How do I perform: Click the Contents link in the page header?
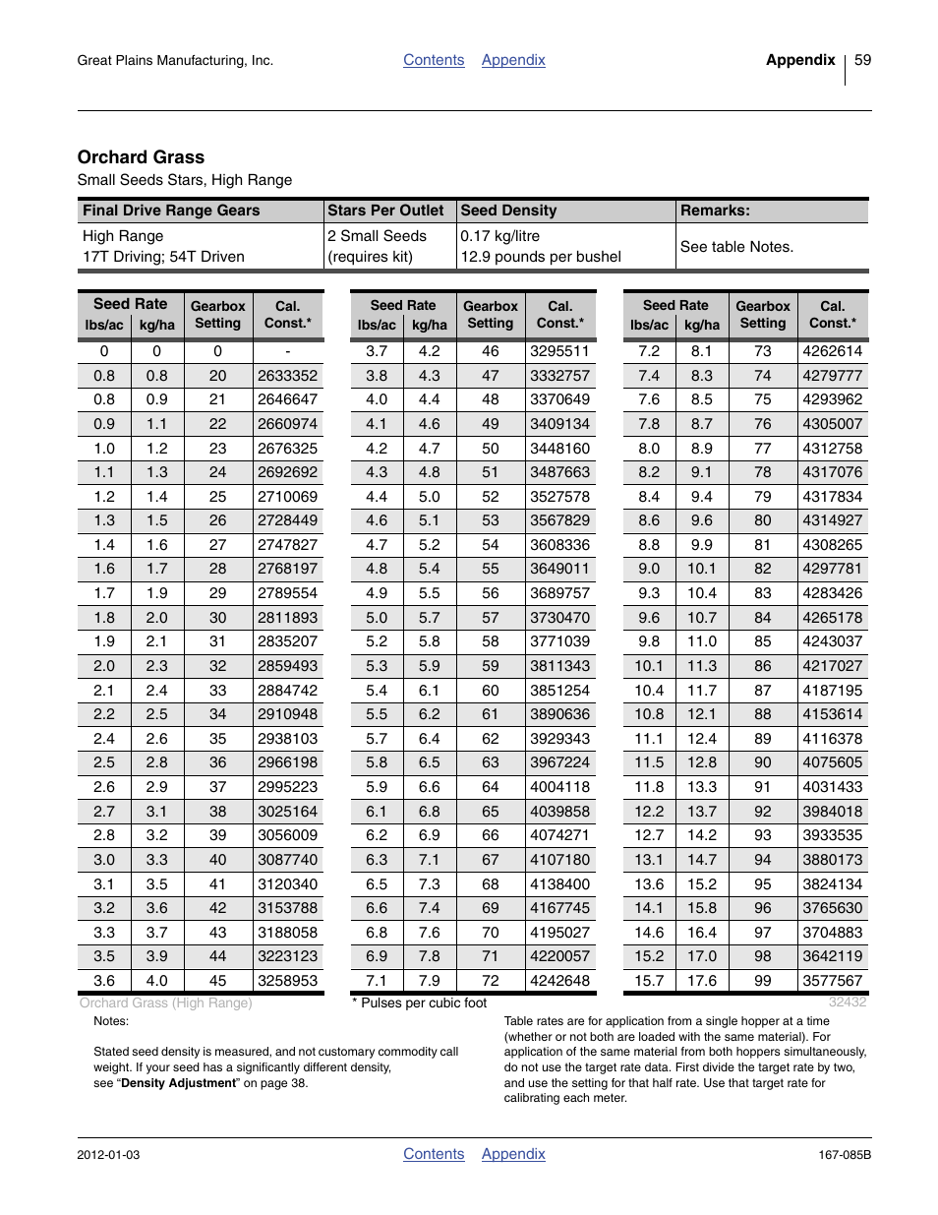point(434,60)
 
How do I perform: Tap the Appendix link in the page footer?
point(513,1154)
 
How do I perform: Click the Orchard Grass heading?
point(141,157)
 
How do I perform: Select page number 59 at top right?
point(862,60)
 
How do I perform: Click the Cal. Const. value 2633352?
point(287,376)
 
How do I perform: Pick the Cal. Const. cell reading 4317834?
point(832,497)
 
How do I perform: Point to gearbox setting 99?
point(762,981)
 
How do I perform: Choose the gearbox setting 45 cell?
point(217,981)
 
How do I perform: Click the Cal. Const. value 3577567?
point(832,981)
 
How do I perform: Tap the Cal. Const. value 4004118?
point(559,787)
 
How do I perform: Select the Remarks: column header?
point(715,211)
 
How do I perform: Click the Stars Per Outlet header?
point(385,211)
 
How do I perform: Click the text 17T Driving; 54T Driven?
point(163,257)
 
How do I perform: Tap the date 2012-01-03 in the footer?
point(108,1155)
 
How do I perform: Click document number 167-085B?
point(845,1155)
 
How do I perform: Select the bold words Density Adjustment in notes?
point(178,1083)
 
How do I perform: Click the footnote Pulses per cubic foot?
point(423,1003)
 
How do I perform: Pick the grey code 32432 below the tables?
point(847,1002)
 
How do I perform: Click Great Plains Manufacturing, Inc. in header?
point(175,61)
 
